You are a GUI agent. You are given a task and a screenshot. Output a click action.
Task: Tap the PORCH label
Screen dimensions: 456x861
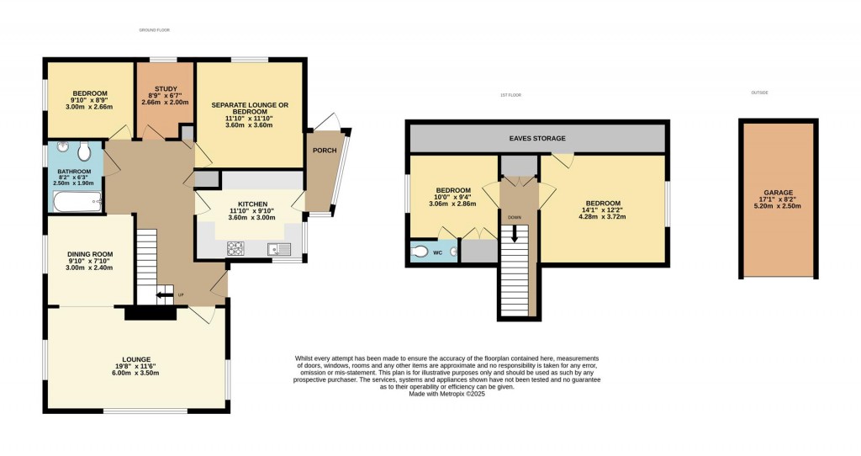324,151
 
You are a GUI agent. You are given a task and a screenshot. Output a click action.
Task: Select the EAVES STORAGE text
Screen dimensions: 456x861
537,138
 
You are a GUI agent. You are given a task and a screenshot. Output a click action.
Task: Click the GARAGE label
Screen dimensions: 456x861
778,193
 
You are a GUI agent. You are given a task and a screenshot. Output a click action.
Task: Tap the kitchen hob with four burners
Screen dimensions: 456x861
235,248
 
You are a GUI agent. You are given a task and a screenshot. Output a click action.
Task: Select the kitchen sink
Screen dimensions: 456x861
277,248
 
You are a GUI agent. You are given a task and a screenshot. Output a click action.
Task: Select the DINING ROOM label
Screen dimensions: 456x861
89,254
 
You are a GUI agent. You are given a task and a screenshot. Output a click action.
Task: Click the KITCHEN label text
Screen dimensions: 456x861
252,204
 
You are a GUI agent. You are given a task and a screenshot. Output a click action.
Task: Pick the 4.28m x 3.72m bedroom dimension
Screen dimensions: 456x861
603,217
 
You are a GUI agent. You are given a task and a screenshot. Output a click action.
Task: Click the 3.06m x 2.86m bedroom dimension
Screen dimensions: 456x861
452,204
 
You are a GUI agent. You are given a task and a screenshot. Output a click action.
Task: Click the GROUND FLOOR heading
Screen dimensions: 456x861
155,29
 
